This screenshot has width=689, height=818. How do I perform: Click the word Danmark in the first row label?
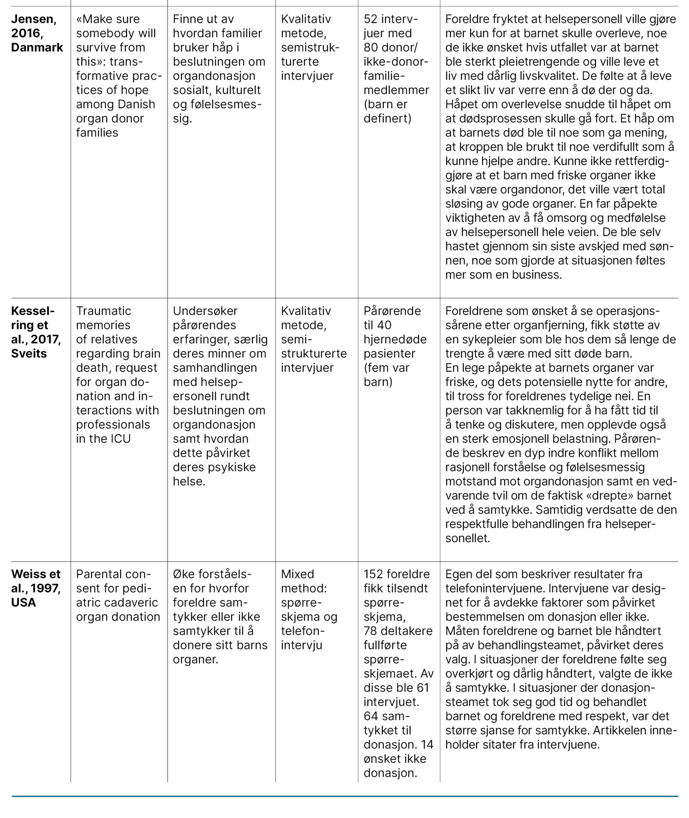click(37, 47)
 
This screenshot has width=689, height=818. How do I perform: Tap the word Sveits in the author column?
click(29, 353)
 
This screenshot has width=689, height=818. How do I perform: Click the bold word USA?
click(24, 603)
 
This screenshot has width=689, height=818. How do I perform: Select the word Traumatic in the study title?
click(103, 311)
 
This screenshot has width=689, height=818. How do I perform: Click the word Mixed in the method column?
click(298, 574)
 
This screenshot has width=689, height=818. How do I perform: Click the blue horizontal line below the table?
click(344, 796)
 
